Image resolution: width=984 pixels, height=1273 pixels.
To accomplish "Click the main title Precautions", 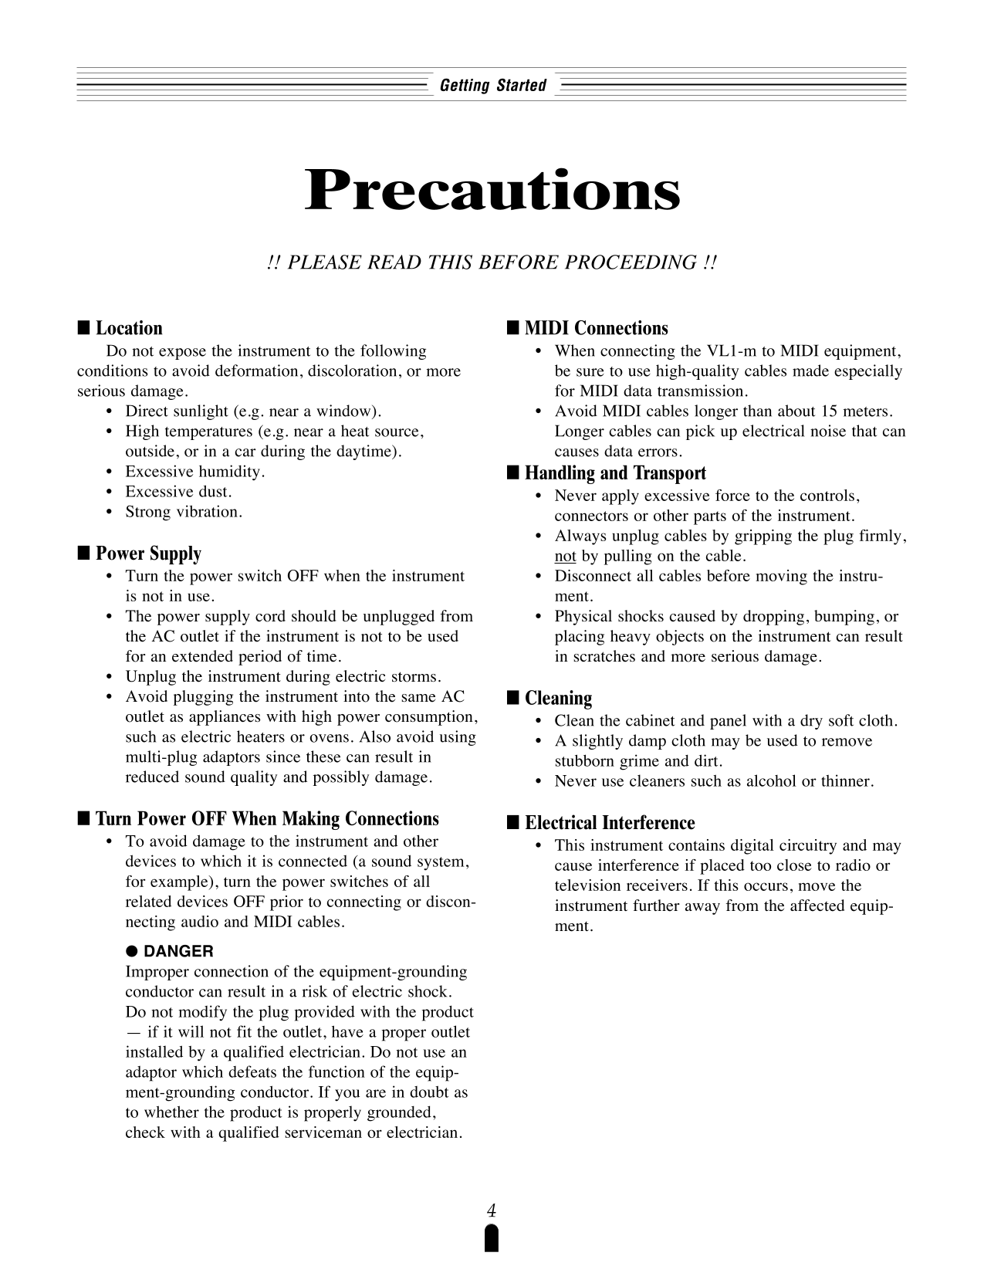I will tap(492, 191).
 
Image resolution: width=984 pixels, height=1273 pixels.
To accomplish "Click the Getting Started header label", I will tap(492, 86).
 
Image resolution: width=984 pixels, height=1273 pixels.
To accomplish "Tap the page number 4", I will tap(491, 1210).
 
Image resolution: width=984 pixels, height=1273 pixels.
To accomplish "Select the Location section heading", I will tap(129, 329).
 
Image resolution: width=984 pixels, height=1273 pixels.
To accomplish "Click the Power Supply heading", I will tap(148, 554).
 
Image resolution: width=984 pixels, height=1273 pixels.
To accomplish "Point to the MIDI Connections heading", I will tap(596, 329).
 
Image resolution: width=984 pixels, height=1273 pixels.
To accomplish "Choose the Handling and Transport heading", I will tap(615, 473).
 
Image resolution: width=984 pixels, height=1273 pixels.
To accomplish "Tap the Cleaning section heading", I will tap(558, 699).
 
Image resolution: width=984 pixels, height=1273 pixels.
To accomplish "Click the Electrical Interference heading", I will tap(610, 823).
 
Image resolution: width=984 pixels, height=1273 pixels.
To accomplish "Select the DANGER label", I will tap(179, 951).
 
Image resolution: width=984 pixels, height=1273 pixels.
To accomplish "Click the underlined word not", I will tap(565, 557).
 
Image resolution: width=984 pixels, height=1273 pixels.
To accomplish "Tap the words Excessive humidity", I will tap(194, 472).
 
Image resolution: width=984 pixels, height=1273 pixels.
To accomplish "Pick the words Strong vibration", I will tap(184, 512).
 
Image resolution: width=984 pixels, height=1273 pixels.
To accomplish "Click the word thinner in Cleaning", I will tap(847, 781).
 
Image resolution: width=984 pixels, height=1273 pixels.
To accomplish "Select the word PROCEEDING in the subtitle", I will tap(631, 262).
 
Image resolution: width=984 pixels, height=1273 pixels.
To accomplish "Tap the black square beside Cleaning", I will tap(512, 699).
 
